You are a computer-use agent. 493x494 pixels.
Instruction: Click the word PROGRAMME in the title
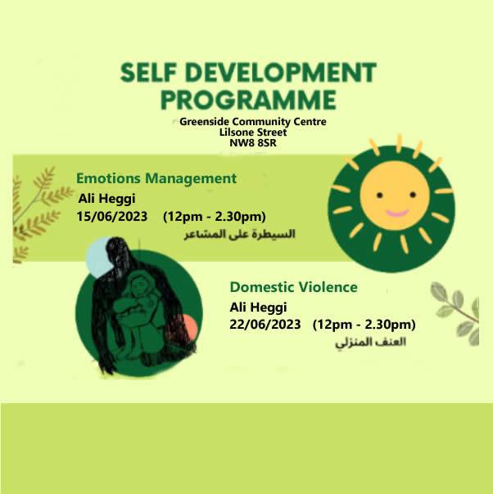pyautogui.click(x=248, y=100)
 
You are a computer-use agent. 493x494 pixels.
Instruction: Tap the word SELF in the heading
pyautogui.click(x=148, y=73)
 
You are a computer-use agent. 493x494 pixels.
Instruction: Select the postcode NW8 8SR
pyautogui.click(x=253, y=143)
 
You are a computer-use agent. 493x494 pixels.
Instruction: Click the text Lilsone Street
pyautogui.click(x=253, y=132)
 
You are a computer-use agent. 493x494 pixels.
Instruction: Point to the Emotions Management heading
pyautogui.click(x=156, y=178)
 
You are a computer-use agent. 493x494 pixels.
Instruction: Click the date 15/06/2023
pyautogui.click(x=112, y=217)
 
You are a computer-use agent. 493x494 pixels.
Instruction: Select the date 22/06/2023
pyautogui.click(x=265, y=325)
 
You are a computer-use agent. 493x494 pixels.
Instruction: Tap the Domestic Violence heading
pyautogui.click(x=294, y=287)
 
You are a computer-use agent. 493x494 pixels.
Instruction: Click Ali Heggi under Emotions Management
pyautogui.click(x=107, y=199)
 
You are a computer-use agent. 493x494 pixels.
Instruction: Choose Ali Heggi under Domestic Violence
pyautogui.click(x=258, y=308)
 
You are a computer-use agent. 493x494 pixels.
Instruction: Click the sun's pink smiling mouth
pyautogui.click(x=397, y=213)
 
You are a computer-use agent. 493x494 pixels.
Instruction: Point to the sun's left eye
pyautogui.click(x=380, y=195)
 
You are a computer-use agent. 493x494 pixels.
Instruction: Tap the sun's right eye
pyautogui.click(x=413, y=195)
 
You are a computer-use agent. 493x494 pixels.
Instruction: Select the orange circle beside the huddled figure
pyautogui.click(x=190, y=326)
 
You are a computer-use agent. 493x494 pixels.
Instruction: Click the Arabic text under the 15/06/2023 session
pyautogui.click(x=239, y=235)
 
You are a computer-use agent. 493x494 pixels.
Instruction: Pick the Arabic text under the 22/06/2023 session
pyautogui.click(x=370, y=343)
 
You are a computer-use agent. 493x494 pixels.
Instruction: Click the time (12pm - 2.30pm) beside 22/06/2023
pyautogui.click(x=364, y=325)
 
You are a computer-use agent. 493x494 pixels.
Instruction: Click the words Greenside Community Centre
pyautogui.click(x=253, y=122)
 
